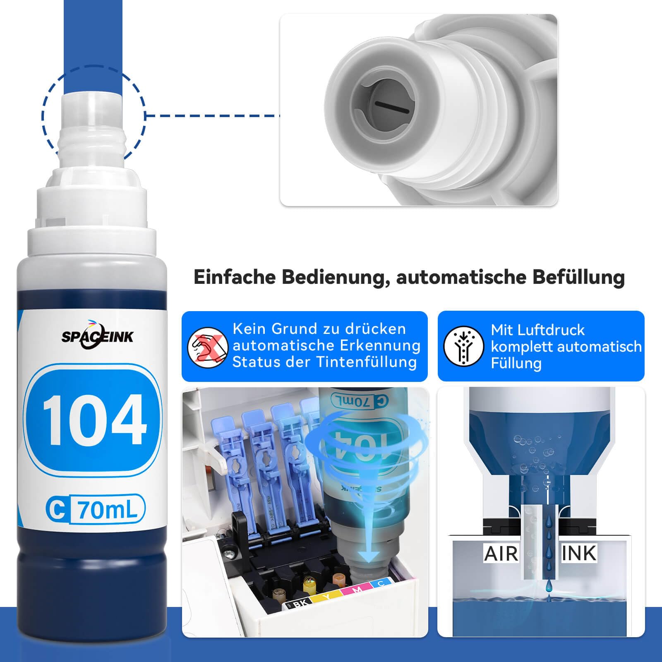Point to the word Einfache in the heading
coord(234,277)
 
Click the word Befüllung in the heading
coord(578,278)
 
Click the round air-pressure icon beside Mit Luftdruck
coord(463,346)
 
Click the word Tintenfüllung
coord(367,362)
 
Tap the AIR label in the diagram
coord(501,553)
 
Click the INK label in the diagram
coord(579,553)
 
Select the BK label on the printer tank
coord(300,604)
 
